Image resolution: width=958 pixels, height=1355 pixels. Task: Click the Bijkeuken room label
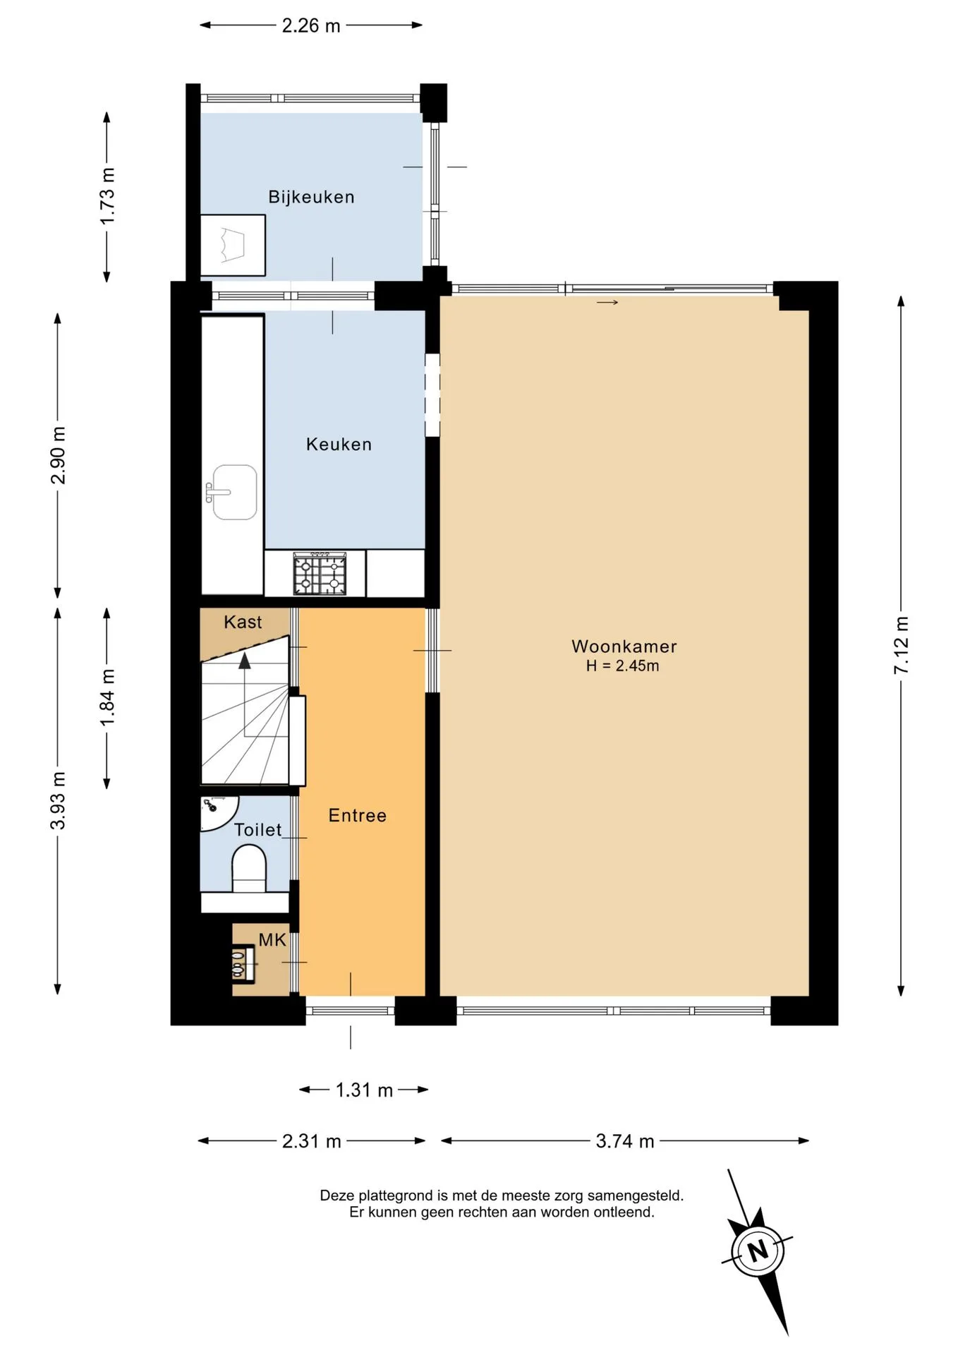[x=311, y=197]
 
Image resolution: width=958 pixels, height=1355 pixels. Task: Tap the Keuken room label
[x=339, y=444]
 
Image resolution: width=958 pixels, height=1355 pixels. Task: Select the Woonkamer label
[x=624, y=646]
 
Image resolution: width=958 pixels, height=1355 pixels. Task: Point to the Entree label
[x=358, y=815]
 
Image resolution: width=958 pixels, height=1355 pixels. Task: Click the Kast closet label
[x=243, y=622]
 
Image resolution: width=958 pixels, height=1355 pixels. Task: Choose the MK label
[x=272, y=939]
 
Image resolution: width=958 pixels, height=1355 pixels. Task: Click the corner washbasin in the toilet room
[x=216, y=809]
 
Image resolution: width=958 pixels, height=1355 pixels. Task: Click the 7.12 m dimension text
[x=901, y=646]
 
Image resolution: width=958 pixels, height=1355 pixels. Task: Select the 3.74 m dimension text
[x=625, y=1141]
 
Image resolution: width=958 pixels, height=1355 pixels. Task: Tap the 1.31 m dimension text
[x=364, y=1090]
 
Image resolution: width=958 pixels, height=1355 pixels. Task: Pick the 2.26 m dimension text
[x=311, y=26]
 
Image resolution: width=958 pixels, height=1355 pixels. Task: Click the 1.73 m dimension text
[x=107, y=197]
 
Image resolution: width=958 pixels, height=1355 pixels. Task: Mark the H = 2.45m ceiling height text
[x=623, y=666]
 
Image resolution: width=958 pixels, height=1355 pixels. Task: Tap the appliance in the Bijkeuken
[x=233, y=245]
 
